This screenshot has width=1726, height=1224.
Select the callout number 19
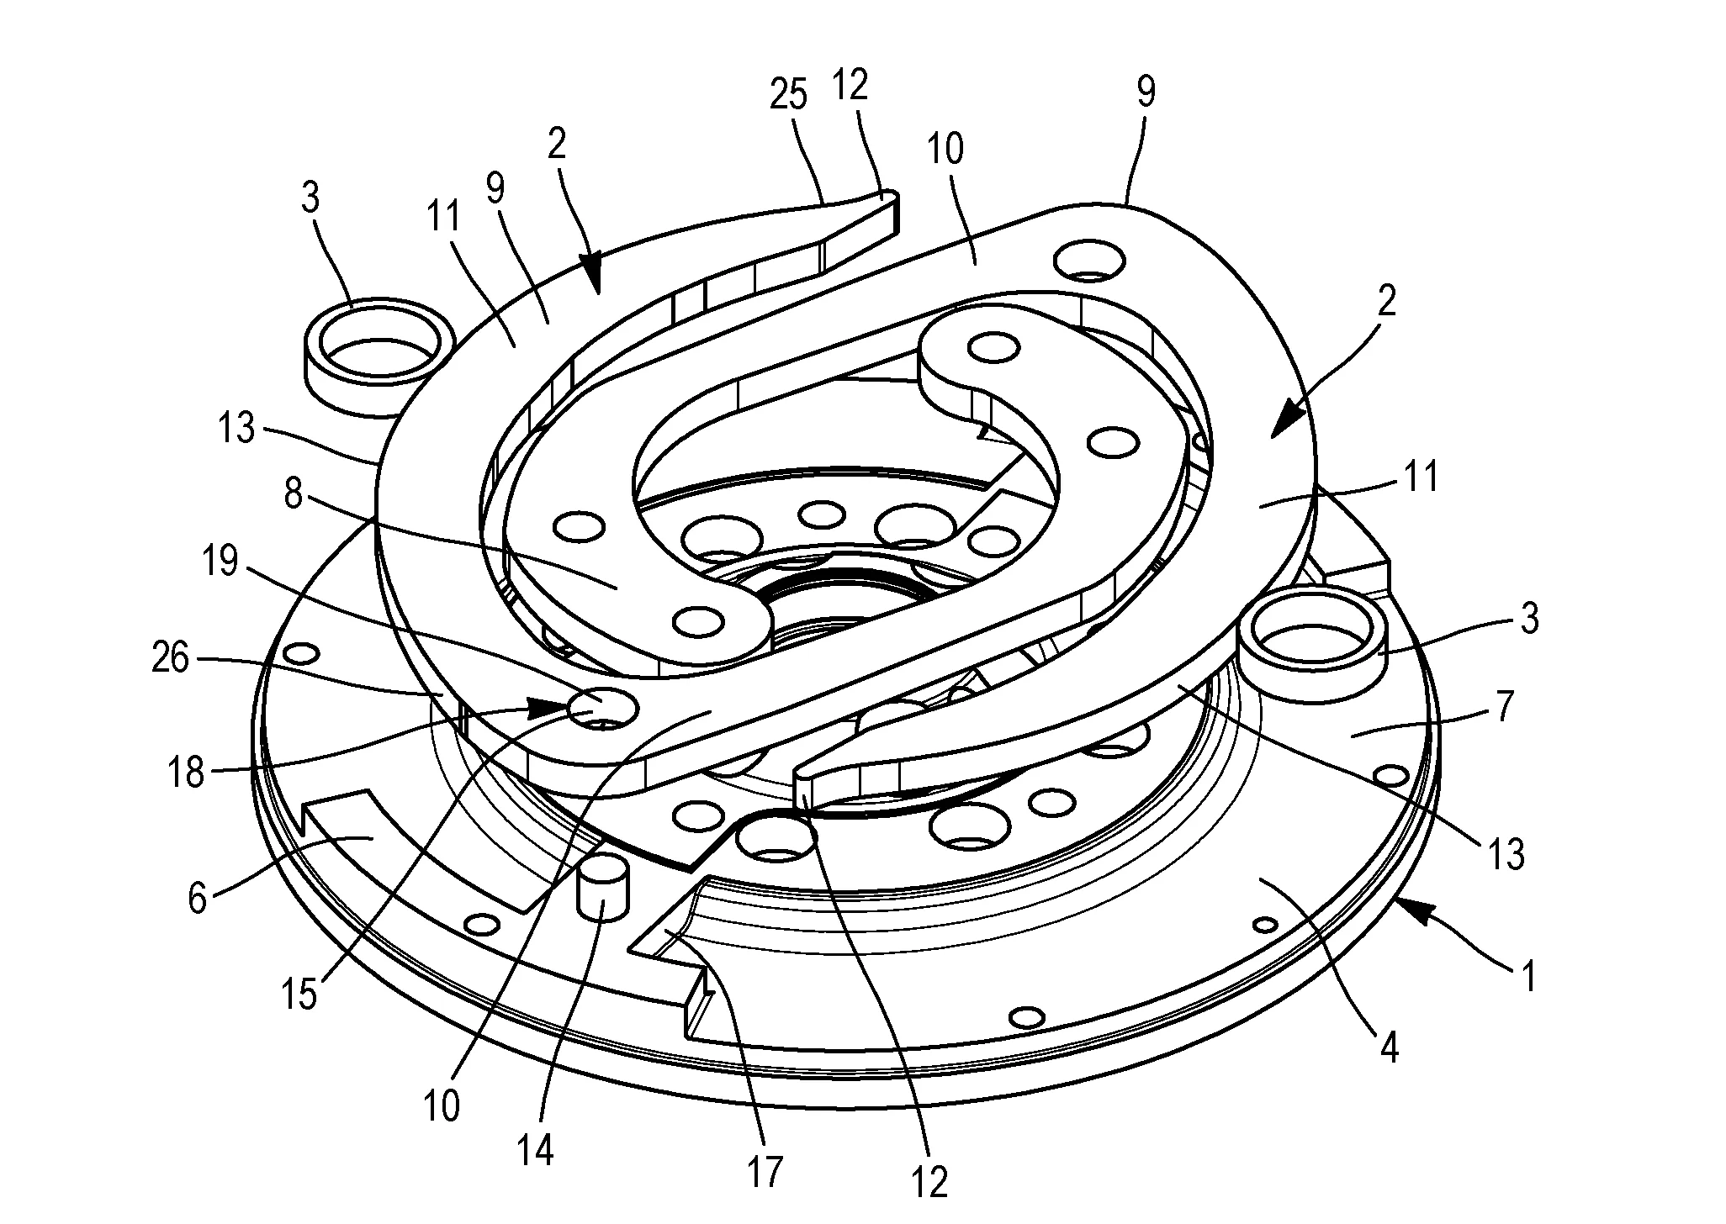(220, 562)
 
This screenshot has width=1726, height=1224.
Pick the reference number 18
(186, 771)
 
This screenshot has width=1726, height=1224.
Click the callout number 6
(197, 899)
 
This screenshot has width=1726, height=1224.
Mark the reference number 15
(300, 994)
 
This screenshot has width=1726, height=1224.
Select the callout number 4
(1389, 1047)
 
